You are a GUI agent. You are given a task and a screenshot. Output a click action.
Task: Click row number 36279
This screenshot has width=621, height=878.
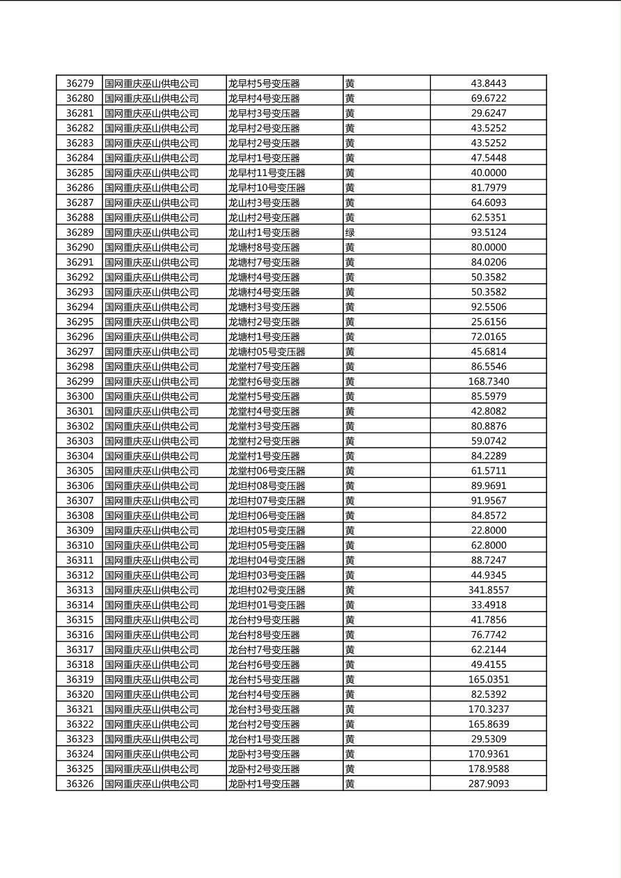[79, 83]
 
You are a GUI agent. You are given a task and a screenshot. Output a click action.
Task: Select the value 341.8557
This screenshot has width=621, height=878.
[488, 590]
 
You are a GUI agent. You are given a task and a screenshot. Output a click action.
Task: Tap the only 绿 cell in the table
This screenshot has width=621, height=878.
[350, 232]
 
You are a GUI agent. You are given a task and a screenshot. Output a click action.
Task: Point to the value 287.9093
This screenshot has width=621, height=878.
[488, 783]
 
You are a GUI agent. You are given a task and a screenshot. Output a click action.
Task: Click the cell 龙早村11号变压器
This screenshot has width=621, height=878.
[267, 173]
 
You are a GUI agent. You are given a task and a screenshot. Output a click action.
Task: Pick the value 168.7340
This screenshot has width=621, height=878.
[488, 381]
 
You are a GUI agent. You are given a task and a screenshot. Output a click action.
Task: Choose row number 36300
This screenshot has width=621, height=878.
[79, 397]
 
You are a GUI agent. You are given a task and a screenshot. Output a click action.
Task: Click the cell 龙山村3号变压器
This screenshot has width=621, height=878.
[264, 202]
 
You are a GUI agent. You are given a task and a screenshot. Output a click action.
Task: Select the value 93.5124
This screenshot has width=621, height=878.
[488, 232]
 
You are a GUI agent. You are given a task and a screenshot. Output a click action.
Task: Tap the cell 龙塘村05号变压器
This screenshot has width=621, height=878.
[267, 351]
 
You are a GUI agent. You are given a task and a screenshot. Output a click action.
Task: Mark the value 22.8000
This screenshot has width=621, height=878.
[488, 530]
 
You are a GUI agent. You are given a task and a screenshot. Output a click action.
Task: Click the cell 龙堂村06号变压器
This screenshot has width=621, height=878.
[267, 471]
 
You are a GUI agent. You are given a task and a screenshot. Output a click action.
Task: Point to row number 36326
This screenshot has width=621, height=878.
[79, 783]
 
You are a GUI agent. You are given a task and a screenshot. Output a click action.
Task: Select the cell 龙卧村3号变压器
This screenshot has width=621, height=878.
[264, 754]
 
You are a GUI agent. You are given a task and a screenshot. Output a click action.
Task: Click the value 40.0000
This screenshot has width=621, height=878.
[488, 173]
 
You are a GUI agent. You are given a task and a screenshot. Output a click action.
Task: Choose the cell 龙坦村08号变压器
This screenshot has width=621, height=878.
[267, 486]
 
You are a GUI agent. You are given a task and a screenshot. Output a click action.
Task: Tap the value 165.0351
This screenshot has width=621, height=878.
[488, 679]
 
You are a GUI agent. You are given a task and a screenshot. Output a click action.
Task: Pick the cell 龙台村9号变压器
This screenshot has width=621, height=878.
[264, 620]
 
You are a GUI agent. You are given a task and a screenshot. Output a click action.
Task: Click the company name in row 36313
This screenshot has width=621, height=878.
[152, 590]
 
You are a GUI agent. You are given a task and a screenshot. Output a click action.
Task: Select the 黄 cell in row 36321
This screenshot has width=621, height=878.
[350, 709]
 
